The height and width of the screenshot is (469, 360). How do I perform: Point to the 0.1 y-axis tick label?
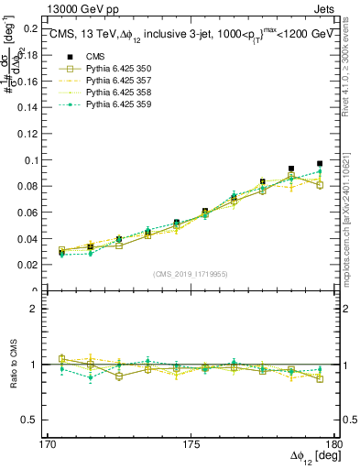click(x=29, y=159)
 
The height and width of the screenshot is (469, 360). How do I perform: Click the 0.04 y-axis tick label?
click(x=27, y=238)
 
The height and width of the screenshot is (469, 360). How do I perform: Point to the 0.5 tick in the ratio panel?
click(x=29, y=420)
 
